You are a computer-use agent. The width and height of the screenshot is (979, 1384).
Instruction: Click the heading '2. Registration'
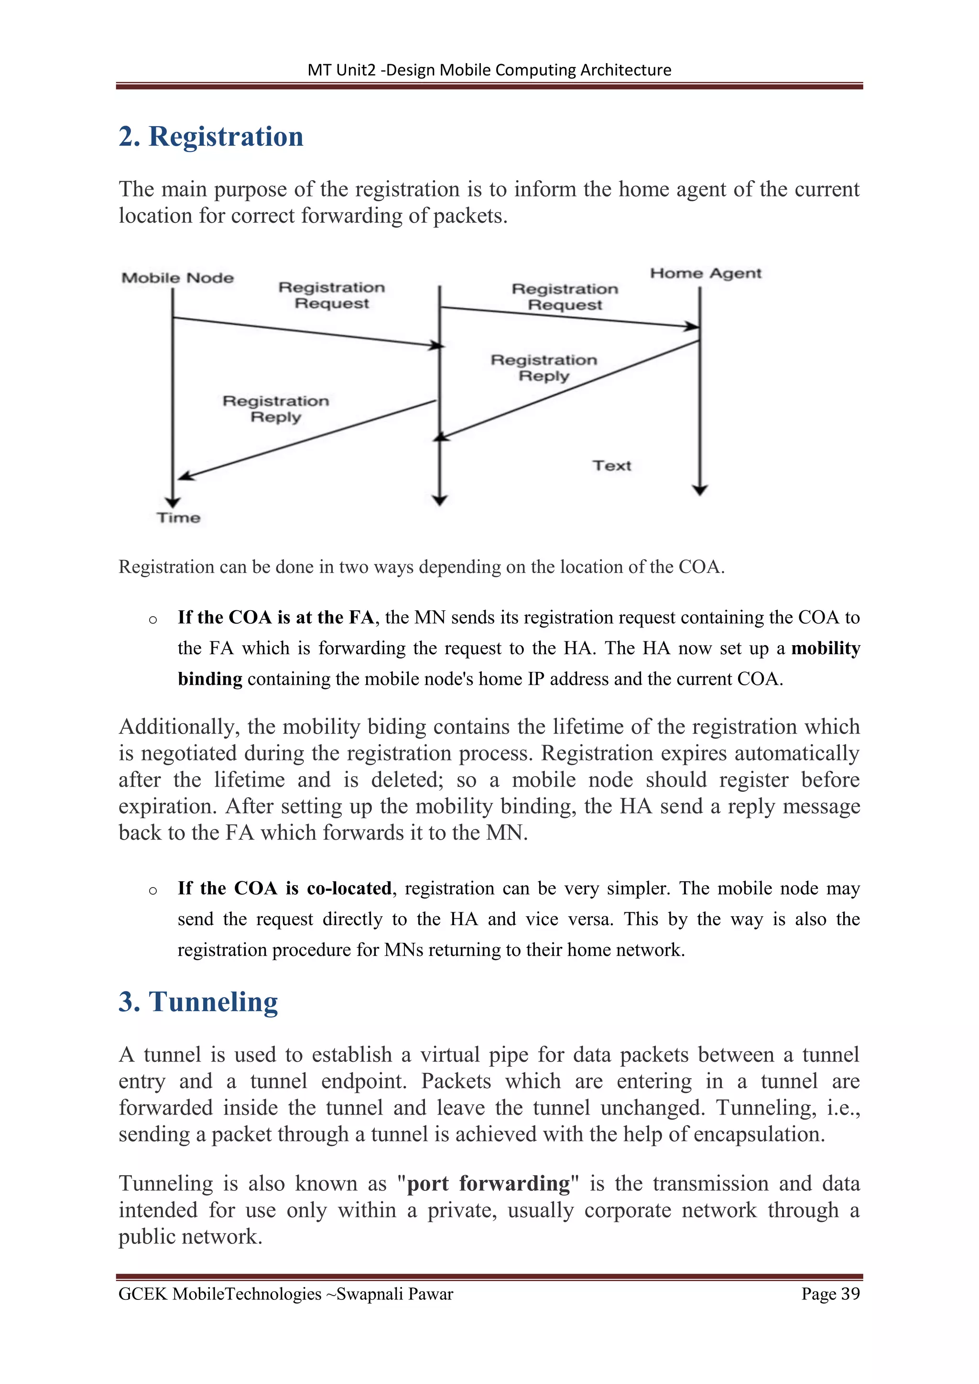coord(211,136)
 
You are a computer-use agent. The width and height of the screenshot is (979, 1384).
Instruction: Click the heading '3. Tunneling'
coord(198,1002)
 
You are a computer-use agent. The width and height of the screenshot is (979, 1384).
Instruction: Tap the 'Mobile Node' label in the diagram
coord(177,278)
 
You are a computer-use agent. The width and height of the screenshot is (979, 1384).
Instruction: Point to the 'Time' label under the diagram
coord(178,518)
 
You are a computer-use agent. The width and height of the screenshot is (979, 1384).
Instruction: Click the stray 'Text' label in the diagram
coord(611,465)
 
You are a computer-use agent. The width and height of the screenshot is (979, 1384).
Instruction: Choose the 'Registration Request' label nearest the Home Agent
coord(565,297)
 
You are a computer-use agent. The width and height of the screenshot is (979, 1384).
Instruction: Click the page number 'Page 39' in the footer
coord(830,1294)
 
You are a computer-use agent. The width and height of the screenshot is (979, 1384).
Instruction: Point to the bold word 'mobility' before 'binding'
coord(825,648)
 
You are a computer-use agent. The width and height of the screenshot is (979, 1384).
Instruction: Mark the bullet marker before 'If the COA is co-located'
coord(153,890)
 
